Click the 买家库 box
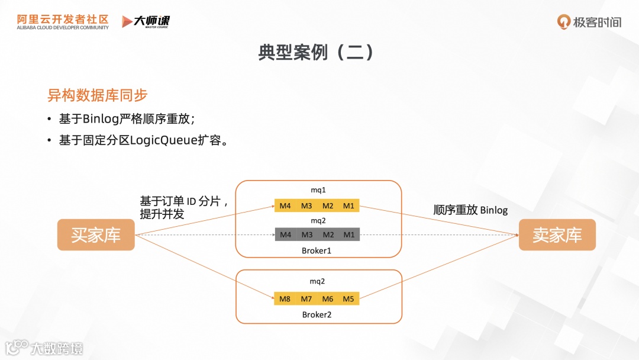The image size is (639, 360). click(x=96, y=235)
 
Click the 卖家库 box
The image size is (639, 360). click(x=557, y=235)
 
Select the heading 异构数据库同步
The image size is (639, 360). click(x=98, y=95)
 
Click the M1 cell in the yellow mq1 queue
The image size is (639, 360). click(x=348, y=206)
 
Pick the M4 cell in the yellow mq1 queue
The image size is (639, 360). click(x=285, y=206)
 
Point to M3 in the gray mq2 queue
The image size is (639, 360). click(x=306, y=234)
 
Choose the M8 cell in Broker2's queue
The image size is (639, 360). click(x=285, y=299)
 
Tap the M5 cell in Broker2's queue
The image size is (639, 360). click(x=348, y=299)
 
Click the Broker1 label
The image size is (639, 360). click(x=317, y=251)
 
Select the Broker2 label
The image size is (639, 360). click(x=317, y=314)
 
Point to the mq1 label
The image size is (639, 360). click(x=318, y=190)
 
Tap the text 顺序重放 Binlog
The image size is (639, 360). click(x=470, y=210)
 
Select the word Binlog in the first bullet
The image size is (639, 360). click(x=101, y=118)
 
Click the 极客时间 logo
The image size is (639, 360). click(x=589, y=22)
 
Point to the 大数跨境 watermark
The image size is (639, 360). click(x=44, y=348)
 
